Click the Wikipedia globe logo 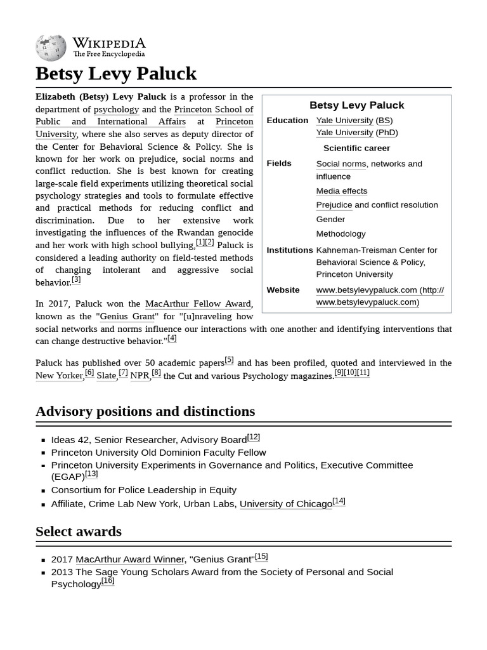pos(51,48)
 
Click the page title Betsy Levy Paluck pos(116,74)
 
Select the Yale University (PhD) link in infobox pos(344,133)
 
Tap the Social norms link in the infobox pos(341,164)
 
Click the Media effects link pos(341,191)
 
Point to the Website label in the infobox pos(283,290)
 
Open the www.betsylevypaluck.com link pos(367,290)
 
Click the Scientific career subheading pos(356,149)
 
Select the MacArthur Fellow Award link pos(198,304)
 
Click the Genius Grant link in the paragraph pos(127,316)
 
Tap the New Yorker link pos(59,376)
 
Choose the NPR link pos(140,376)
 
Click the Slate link pos(106,376)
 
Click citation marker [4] pos(172,338)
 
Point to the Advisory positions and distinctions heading pos(145,411)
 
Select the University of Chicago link pos(285,504)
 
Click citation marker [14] pos(339,501)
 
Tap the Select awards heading pos(79,531)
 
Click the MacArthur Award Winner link pos(130,559)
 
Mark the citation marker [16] pos(108,581)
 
